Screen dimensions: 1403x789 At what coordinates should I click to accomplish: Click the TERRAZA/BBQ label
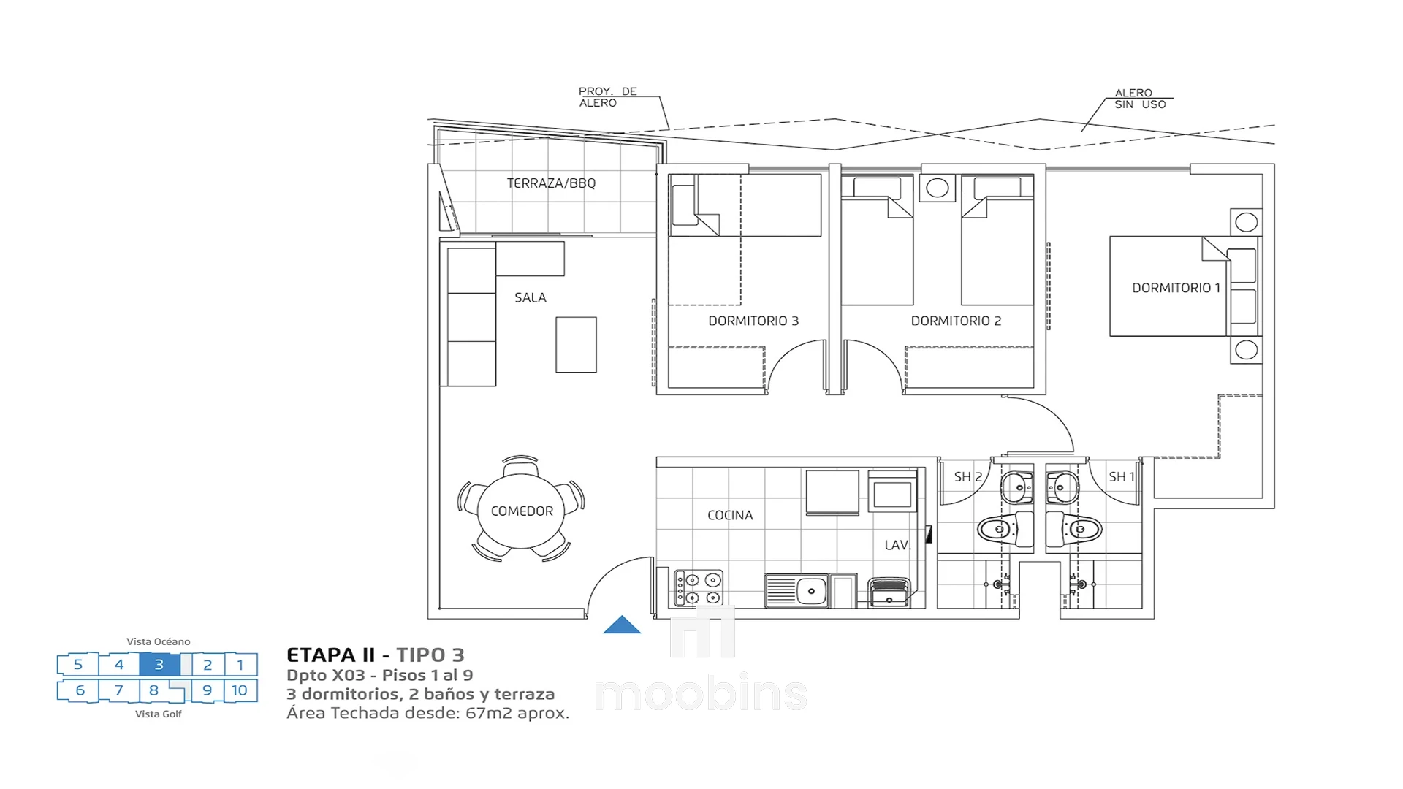click(x=551, y=183)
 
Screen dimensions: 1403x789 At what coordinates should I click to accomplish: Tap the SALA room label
click(x=531, y=297)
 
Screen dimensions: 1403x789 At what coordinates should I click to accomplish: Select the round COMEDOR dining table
click(x=521, y=511)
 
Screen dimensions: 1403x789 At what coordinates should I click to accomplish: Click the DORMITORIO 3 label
click(x=753, y=321)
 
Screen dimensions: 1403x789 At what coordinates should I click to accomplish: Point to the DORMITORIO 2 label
click(x=956, y=321)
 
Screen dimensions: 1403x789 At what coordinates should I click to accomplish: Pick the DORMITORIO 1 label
click(x=1176, y=288)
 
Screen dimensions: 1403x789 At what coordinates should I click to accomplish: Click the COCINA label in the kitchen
click(x=730, y=515)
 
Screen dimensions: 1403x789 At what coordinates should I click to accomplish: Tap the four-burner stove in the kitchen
click(x=699, y=588)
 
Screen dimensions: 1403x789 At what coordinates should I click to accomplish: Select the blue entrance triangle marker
click(x=622, y=625)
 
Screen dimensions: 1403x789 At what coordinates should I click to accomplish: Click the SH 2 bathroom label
click(x=968, y=477)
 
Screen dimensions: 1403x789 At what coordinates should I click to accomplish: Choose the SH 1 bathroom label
click(x=1122, y=477)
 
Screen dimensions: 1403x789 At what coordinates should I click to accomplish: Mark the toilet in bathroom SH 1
click(x=1074, y=529)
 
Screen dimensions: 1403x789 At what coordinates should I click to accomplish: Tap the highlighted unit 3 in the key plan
click(x=159, y=664)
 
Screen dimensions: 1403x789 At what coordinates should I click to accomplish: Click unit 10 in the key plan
click(x=240, y=690)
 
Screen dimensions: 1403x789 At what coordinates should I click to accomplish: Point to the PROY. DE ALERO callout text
click(x=608, y=97)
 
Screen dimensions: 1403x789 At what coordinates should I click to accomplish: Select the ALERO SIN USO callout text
click(x=1140, y=99)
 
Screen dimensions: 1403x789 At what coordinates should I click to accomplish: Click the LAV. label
click(x=897, y=545)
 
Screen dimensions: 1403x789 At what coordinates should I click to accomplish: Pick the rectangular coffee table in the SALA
click(x=576, y=345)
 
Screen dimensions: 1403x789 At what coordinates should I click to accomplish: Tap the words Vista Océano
click(x=159, y=641)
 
